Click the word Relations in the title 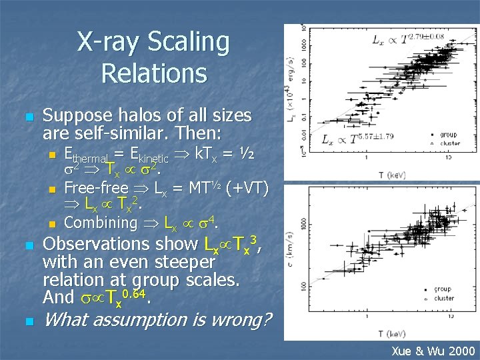pyautogui.click(x=154, y=73)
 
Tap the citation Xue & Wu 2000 pyautogui.click(x=433, y=351)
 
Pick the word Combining pyautogui.click(x=100, y=223)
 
